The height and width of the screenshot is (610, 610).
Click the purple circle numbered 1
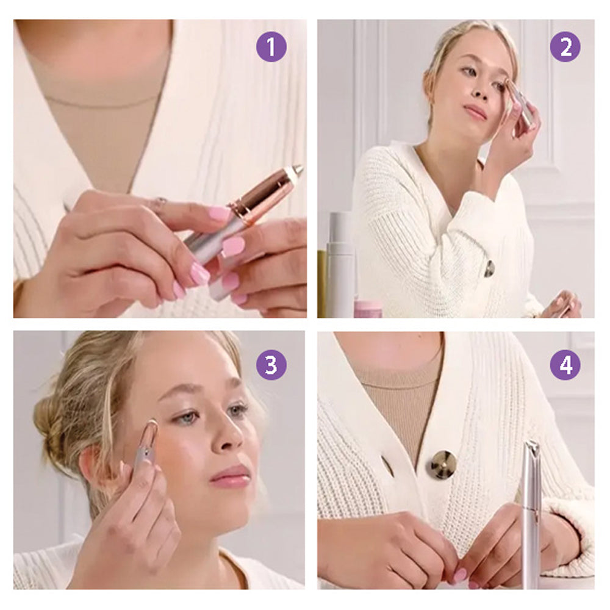271,47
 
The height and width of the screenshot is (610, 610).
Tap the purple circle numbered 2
565,47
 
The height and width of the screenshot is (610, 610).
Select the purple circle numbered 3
271,365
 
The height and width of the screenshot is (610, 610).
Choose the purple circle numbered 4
565,365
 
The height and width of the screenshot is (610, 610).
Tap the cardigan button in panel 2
489,268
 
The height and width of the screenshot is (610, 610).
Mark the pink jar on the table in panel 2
368,308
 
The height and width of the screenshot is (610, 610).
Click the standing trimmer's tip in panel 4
531,447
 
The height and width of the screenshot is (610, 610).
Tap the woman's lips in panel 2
475,112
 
